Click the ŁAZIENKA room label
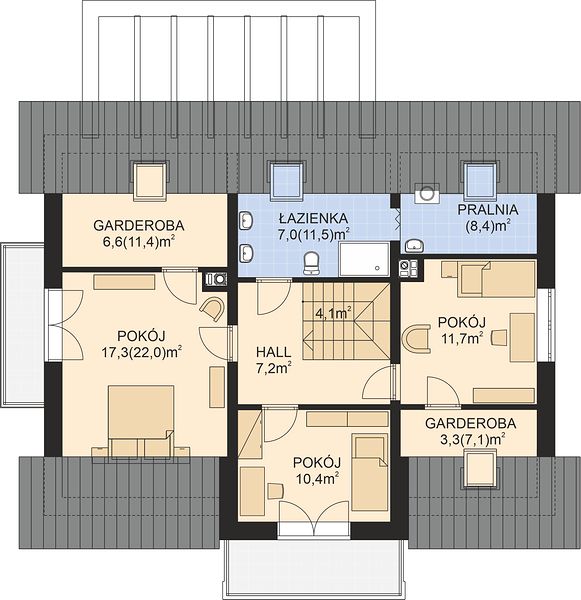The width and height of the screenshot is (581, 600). click(x=313, y=218)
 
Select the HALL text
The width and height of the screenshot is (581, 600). click(x=273, y=352)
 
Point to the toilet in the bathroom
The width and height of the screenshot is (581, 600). click(x=312, y=264)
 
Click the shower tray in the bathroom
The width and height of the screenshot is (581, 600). click(x=364, y=258)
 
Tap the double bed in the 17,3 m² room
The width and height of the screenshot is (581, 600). click(x=141, y=420)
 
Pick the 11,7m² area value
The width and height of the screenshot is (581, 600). click(x=462, y=338)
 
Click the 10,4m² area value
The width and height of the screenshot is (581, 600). click(x=317, y=478)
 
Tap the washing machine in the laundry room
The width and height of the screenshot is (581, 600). click(x=427, y=193)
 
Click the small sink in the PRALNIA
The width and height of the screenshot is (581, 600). click(x=415, y=245)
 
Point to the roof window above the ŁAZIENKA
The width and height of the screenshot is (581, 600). click(x=287, y=180)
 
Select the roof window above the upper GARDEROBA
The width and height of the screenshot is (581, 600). click(x=150, y=180)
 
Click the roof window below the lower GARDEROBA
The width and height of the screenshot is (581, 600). click(x=481, y=469)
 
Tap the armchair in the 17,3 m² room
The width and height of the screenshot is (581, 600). click(x=213, y=308)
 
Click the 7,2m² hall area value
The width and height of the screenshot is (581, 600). click(x=273, y=368)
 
